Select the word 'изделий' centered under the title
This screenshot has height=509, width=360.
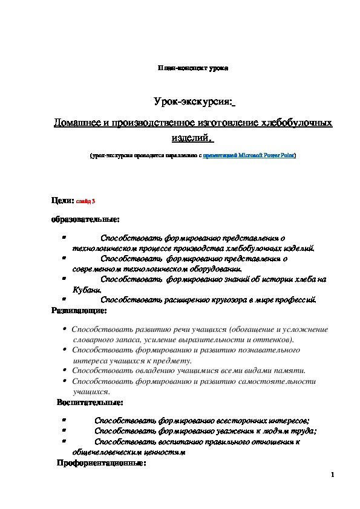(x=191, y=138)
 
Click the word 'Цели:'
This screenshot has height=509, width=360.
(x=62, y=199)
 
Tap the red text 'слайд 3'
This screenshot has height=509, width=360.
(x=85, y=201)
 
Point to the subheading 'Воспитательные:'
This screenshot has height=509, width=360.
(x=90, y=402)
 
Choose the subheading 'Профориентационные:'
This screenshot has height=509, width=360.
(x=101, y=464)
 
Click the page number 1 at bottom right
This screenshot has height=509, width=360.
(x=333, y=475)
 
